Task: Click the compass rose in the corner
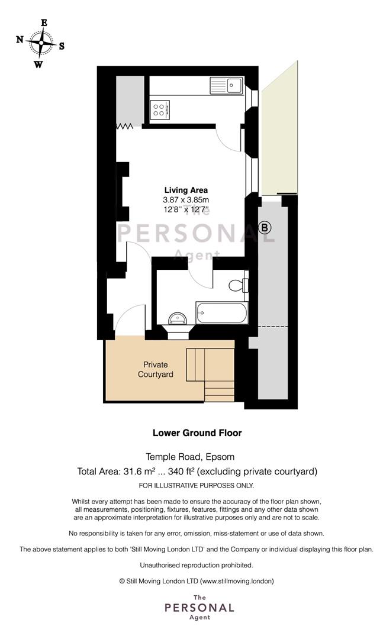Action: click(41, 43)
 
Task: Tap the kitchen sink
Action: click(226, 86)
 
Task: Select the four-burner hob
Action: click(159, 109)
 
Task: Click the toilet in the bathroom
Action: click(239, 285)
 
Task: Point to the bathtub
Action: click(221, 313)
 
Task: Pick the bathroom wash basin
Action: click(178, 318)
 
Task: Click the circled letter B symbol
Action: click(265, 228)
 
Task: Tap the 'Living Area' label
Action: click(186, 190)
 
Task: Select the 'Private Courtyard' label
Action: click(156, 369)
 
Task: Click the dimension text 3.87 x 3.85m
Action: click(186, 200)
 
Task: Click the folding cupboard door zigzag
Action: click(125, 127)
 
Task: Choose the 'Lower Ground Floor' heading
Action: click(197, 433)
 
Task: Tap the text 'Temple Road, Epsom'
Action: click(191, 457)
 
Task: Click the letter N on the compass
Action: click(20, 40)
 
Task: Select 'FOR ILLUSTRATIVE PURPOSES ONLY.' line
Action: click(196, 485)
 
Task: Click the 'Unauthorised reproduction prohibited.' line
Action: click(196, 565)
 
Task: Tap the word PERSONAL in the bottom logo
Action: click(199, 608)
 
